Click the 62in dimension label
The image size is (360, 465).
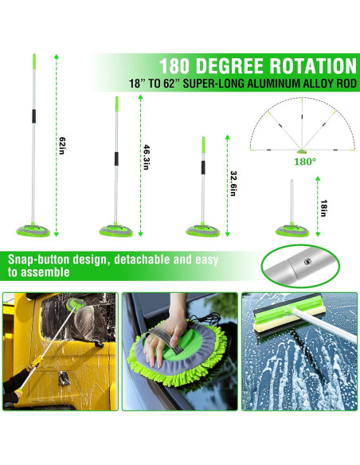tap(62, 145)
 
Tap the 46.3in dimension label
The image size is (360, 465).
tap(147, 157)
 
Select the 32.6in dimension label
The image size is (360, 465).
tap(233, 183)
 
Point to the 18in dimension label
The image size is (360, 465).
tap(323, 208)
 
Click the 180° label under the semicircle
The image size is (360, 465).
tap(304, 162)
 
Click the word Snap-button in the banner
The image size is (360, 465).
tap(38, 260)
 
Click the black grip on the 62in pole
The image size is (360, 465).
tap(33, 116)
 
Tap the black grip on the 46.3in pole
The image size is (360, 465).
tap(116, 158)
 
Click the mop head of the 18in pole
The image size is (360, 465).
tap(292, 230)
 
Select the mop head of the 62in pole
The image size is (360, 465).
tap(33, 230)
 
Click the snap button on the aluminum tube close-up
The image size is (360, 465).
tap(308, 261)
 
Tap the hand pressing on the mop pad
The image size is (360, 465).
tap(164, 335)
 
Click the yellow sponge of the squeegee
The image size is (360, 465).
tap(289, 322)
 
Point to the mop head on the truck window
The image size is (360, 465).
tap(76, 304)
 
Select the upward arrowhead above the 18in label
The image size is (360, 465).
tap(318, 178)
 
